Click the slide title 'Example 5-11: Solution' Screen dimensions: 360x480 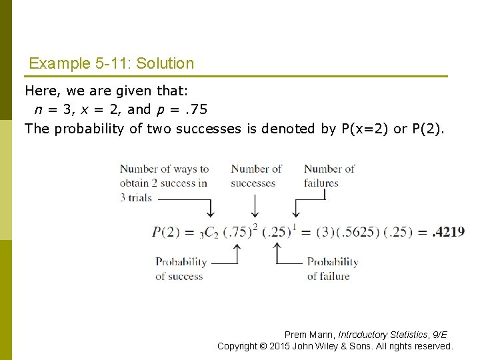[x=111, y=64]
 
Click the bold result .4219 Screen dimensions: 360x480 [x=449, y=232]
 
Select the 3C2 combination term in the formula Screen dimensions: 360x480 [x=209, y=233]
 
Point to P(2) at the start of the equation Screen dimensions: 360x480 [x=165, y=232]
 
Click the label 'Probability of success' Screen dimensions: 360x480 [x=181, y=269]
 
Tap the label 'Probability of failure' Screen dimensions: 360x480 [x=332, y=269]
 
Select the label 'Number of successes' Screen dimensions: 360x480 [x=255, y=175]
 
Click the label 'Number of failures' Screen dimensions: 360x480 [x=329, y=175]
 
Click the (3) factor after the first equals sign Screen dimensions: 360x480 [x=322, y=232]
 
